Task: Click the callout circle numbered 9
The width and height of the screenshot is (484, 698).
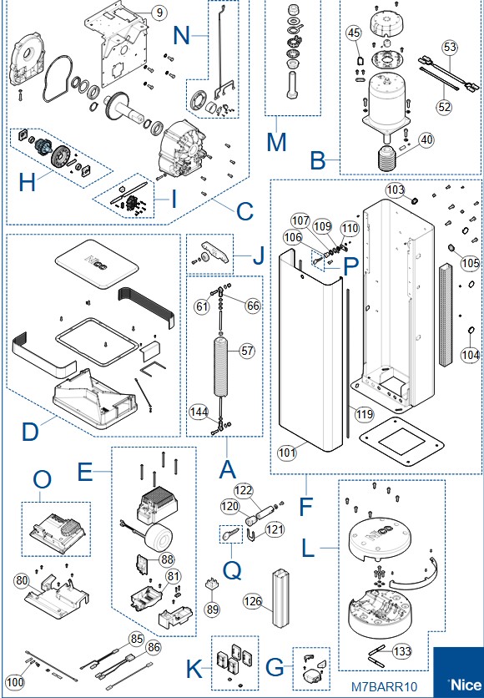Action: (x=159, y=13)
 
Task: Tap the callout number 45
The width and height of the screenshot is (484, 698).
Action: (x=354, y=33)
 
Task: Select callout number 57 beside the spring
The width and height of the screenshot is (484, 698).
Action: (x=246, y=351)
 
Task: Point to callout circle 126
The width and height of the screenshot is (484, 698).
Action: (x=253, y=601)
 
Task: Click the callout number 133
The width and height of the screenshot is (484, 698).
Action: (x=402, y=652)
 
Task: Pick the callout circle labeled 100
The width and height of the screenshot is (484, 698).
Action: (x=15, y=681)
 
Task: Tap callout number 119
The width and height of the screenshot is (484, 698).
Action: (x=365, y=415)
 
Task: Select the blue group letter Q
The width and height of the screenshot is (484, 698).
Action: (x=232, y=570)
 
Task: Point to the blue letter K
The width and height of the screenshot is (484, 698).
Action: (x=194, y=669)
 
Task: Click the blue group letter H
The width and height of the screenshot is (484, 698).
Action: (x=28, y=182)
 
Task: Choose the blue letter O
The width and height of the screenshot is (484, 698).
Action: (x=43, y=479)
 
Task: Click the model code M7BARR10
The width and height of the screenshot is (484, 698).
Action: (x=385, y=686)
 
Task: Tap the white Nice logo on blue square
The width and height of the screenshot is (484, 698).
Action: (x=466, y=684)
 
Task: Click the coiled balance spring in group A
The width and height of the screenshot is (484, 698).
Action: (x=221, y=367)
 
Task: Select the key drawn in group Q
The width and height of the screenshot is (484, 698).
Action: (x=231, y=534)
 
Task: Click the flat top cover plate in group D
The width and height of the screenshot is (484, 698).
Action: (x=98, y=264)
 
